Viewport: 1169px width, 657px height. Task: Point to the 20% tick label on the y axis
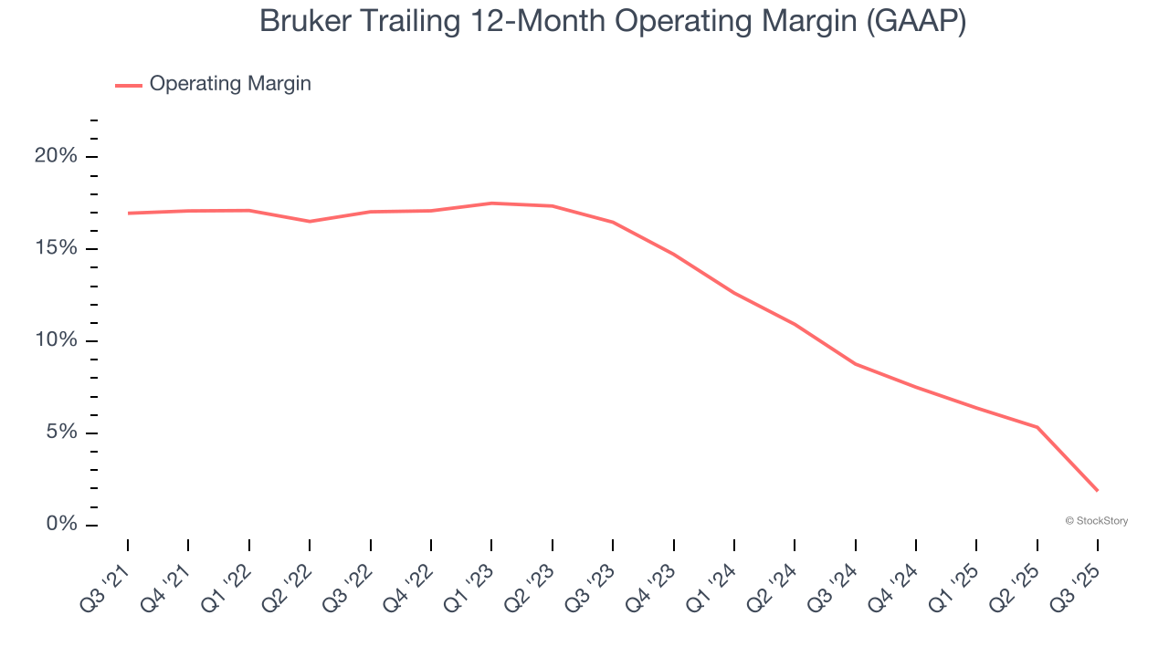(56, 156)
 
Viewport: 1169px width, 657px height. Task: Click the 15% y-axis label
(56, 249)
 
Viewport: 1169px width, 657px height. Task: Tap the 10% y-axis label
(56, 340)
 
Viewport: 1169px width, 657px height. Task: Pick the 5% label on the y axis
(61, 433)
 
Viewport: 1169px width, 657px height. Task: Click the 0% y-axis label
(61, 525)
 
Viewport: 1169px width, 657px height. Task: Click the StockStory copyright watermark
(1097, 521)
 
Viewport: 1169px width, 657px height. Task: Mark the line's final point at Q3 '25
(1097, 491)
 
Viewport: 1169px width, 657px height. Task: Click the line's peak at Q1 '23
(491, 203)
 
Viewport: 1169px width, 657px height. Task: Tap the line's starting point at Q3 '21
(128, 214)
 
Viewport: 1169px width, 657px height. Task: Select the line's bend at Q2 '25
(1037, 427)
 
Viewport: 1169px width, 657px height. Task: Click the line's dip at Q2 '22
(310, 221)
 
